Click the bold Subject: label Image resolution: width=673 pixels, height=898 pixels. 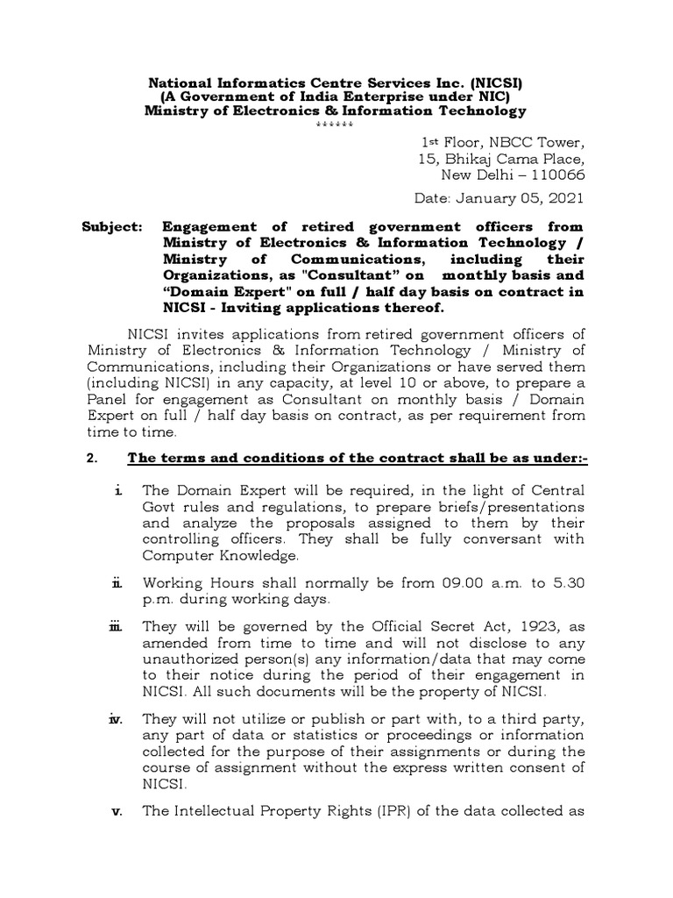(111, 226)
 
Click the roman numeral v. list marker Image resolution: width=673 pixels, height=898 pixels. (116, 811)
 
